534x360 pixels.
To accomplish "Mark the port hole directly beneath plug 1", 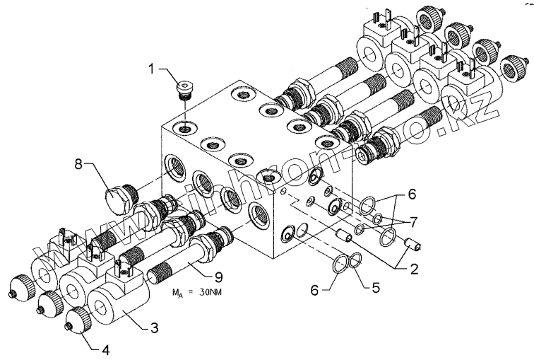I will point(185,128).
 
